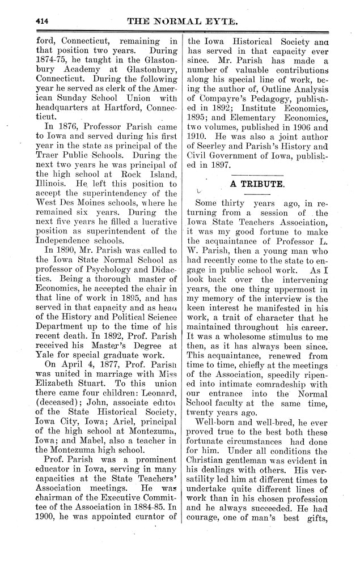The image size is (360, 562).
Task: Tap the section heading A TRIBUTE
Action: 253,184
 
